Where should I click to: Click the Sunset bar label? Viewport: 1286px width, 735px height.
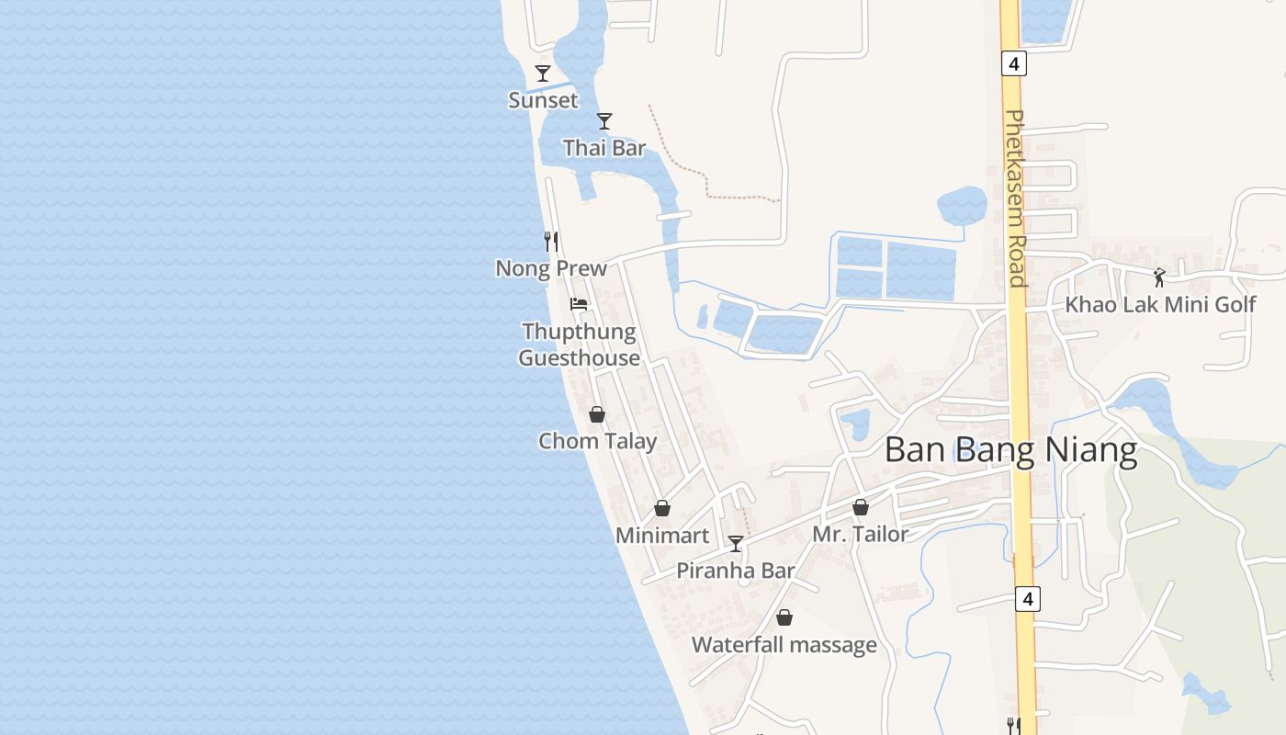[544, 100]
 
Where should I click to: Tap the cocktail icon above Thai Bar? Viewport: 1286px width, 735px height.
[604, 121]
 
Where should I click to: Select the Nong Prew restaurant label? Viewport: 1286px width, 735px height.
[551, 268]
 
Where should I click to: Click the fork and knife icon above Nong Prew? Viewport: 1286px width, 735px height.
[551, 242]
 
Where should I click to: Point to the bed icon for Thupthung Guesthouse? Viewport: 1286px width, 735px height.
[579, 304]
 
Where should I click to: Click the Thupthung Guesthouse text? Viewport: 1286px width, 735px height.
[579, 345]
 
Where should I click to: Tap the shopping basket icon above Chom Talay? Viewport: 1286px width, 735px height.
[597, 415]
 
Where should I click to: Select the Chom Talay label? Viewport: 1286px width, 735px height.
[598, 441]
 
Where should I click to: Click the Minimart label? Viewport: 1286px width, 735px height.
[662, 536]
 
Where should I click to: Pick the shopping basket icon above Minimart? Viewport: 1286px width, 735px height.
[662, 509]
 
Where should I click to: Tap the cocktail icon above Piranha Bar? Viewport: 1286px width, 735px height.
[736, 544]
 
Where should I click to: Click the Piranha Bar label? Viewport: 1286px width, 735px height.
[736, 571]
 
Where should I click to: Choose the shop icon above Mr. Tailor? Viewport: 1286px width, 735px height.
[861, 507]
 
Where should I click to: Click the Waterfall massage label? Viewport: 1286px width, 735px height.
[784, 645]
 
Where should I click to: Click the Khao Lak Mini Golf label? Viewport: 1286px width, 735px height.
[1160, 304]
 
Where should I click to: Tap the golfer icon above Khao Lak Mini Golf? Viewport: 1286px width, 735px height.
[1160, 277]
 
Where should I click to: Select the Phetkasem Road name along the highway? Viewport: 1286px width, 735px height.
[1016, 198]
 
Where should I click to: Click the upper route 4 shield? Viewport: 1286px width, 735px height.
[1014, 63]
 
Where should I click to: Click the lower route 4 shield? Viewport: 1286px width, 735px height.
[1028, 599]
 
